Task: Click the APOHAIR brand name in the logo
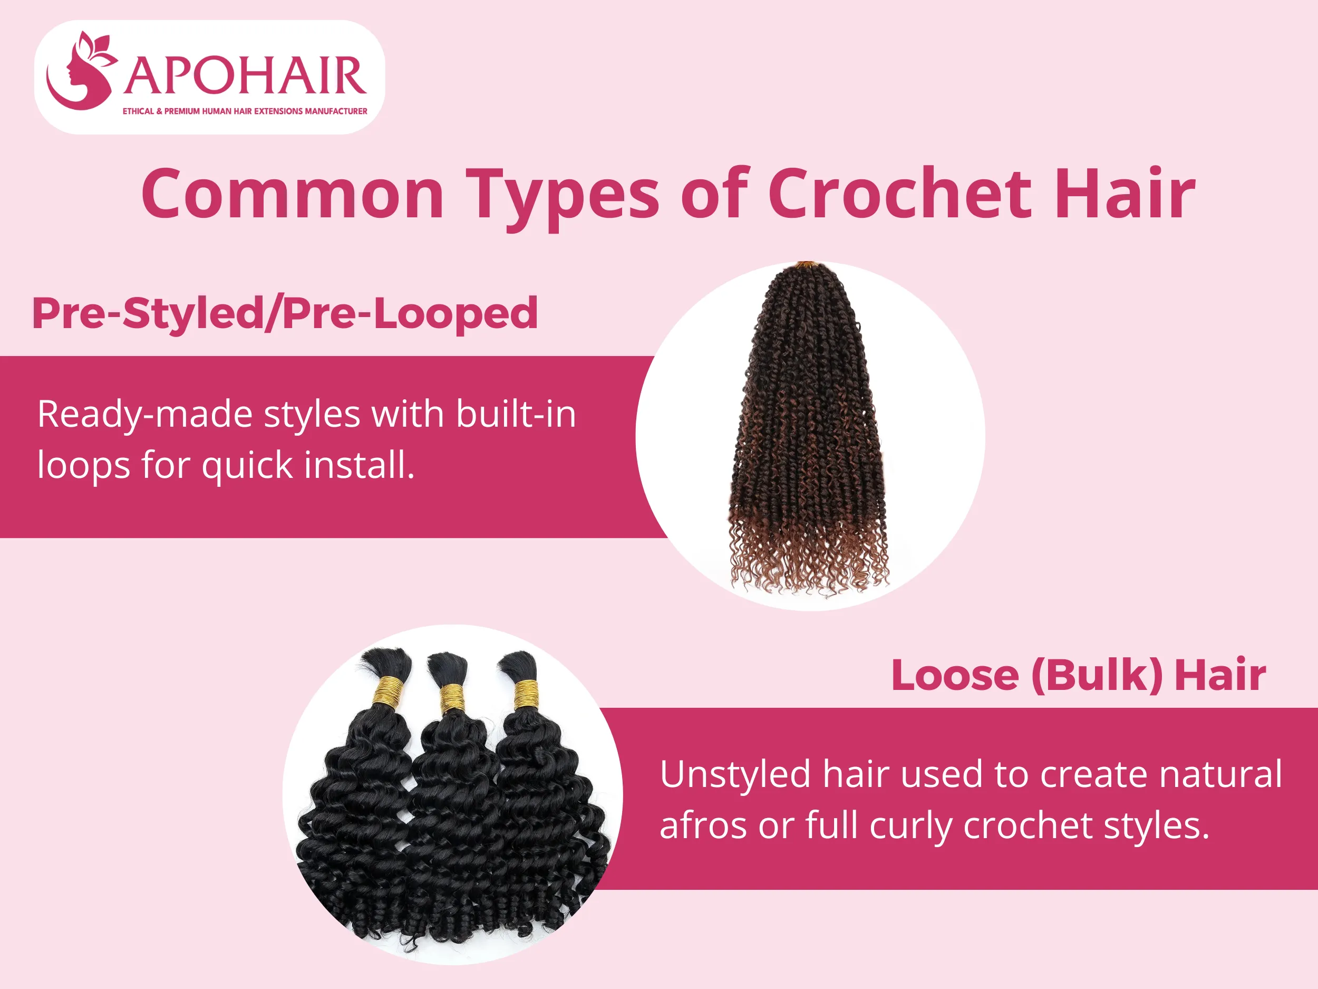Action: click(244, 76)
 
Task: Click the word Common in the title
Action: click(293, 194)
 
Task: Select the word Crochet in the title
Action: click(900, 194)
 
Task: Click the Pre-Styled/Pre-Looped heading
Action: click(285, 313)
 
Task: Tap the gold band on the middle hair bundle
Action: click(453, 699)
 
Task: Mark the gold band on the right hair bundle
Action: click(526, 694)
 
